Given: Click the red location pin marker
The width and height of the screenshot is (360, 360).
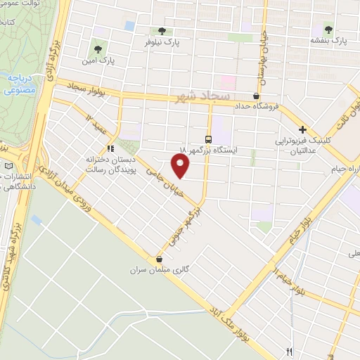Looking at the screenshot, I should pyautogui.click(x=181, y=166).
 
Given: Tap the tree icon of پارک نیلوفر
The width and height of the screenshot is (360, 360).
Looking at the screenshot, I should pyautogui.click(x=162, y=31).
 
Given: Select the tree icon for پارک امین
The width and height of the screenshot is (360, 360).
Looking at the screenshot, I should pyautogui.click(x=98, y=50).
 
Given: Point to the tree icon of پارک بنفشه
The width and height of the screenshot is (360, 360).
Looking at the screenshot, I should pyautogui.click(x=328, y=29).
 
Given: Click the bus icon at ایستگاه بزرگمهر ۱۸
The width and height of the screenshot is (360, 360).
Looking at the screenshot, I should pyautogui.click(x=208, y=139).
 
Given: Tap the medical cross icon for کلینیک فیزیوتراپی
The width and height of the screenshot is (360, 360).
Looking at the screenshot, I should pyautogui.click(x=303, y=129).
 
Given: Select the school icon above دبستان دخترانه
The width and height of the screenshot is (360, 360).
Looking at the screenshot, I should pyautogui.click(x=110, y=148).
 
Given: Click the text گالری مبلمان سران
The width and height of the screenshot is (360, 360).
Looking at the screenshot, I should pyautogui.click(x=157, y=270).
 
